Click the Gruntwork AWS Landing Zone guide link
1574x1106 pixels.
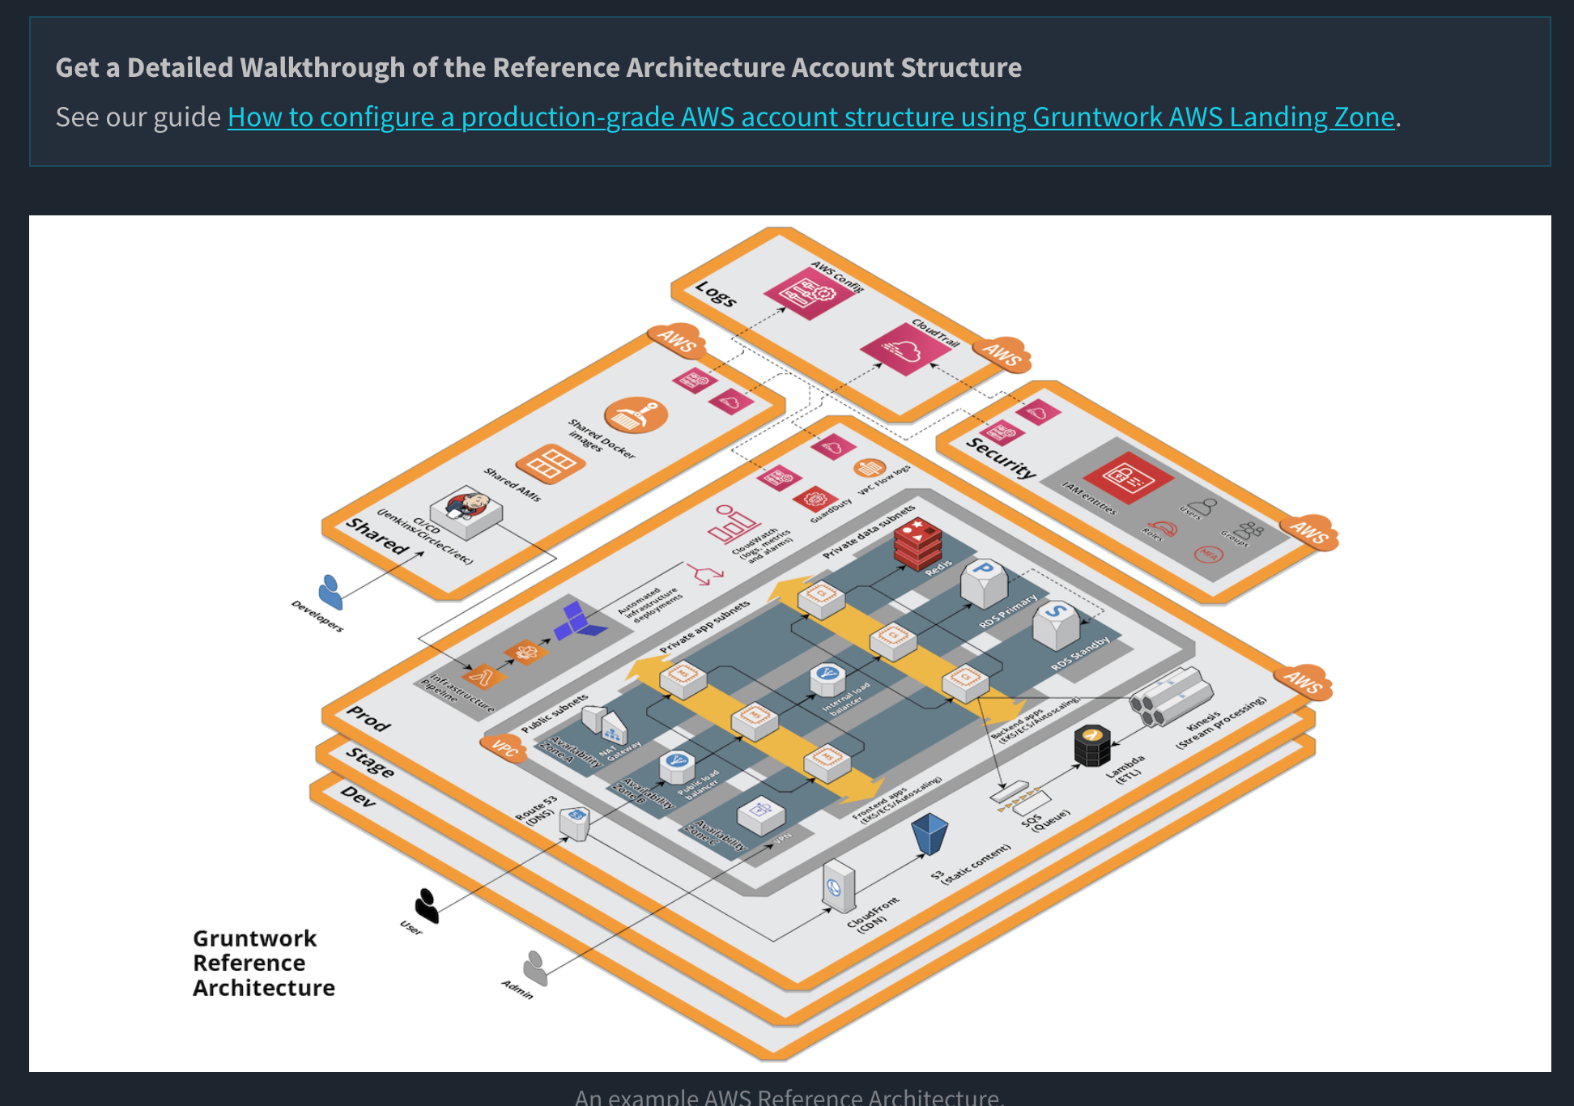pos(810,117)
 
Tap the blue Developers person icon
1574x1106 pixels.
pos(330,592)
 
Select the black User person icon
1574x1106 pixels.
pos(427,904)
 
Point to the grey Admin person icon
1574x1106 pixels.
pos(535,968)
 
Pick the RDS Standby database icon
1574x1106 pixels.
pos(1056,624)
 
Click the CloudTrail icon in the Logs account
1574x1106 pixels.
pos(906,349)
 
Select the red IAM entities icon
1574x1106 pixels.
pos(1127,478)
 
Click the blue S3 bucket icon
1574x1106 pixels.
pos(930,833)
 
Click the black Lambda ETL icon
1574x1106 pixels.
pos(1092,745)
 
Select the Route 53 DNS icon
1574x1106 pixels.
pos(574,823)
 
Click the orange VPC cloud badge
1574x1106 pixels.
pos(504,748)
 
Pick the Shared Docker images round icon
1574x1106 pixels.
pos(636,415)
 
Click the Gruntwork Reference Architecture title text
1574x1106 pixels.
pos(262,963)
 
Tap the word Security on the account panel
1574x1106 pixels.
pos(1001,458)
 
